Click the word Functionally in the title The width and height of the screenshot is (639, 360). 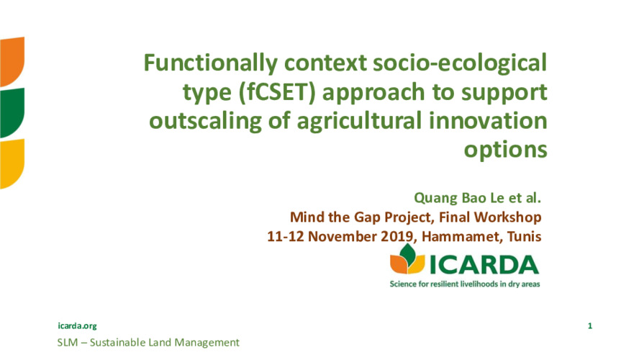click(210, 64)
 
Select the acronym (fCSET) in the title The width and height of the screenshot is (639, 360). click(277, 93)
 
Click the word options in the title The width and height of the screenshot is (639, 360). click(506, 150)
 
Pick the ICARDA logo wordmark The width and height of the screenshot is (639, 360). click(484, 265)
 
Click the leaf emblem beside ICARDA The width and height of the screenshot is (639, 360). click(407, 259)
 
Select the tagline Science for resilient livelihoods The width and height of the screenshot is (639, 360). click(465, 284)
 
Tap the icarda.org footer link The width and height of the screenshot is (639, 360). click(77, 325)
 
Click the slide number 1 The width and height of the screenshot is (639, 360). click(589, 325)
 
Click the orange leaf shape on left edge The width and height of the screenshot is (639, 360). click(12, 62)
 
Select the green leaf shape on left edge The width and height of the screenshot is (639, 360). click(12, 112)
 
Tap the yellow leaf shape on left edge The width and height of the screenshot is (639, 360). click(12, 163)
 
